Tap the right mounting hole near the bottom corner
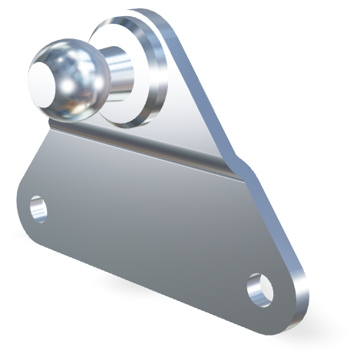tap(260, 289)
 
